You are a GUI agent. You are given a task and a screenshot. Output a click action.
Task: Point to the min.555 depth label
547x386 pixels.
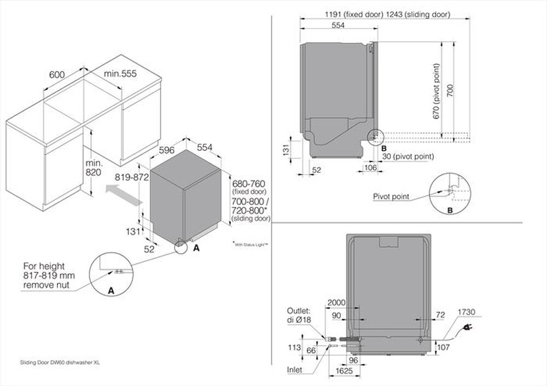(x=121, y=73)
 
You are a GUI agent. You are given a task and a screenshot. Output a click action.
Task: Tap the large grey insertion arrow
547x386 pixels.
(x=124, y=195)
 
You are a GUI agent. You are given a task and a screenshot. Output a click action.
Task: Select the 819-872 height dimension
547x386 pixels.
(x=132, y=177)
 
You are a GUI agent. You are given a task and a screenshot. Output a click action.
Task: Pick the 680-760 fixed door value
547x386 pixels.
(x=249, y=183)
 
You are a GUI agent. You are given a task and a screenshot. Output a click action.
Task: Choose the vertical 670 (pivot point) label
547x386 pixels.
(x=436, y=90)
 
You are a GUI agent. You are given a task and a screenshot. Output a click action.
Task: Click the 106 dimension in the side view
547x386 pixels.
(x=370, y=168)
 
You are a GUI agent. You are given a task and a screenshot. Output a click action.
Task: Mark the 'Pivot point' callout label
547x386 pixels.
(x=391, y=196)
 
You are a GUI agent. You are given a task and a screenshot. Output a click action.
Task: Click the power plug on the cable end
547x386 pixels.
(x=469, y=327)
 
